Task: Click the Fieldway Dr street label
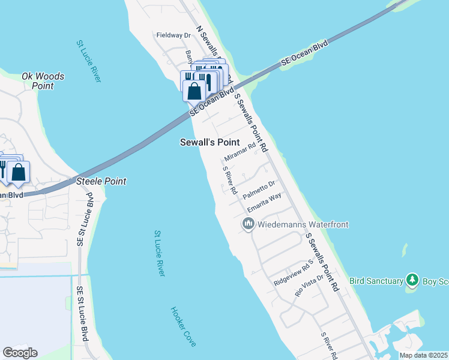(x=173, y=35)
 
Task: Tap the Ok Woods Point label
(x=43, y=81)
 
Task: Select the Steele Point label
(x=101, y=181)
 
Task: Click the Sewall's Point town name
(x=210, y=142)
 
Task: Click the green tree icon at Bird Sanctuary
(x=412, y=280)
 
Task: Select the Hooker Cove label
(x=183, y=326)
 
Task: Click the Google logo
(x=20, y=352)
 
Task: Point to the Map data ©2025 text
(x=423, y=355)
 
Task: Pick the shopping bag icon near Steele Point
(x=19, y=173)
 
